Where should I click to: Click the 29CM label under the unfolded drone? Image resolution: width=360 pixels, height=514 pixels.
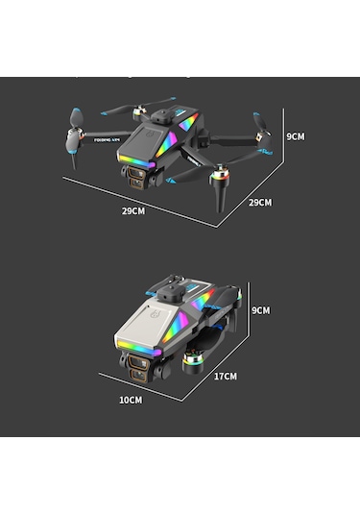(x=133, y=210)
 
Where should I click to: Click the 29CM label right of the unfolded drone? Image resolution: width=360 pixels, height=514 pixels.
(x=260, y=202)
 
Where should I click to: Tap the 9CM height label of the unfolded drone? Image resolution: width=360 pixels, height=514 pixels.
(x=296, y=136)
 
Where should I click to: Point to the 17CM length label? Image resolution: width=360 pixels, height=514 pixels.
(x=225, y=377)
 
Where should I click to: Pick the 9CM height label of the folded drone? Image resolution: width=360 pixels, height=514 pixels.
(x=260, y=310)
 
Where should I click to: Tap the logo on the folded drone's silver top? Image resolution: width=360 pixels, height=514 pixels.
(x=156, y=314)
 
